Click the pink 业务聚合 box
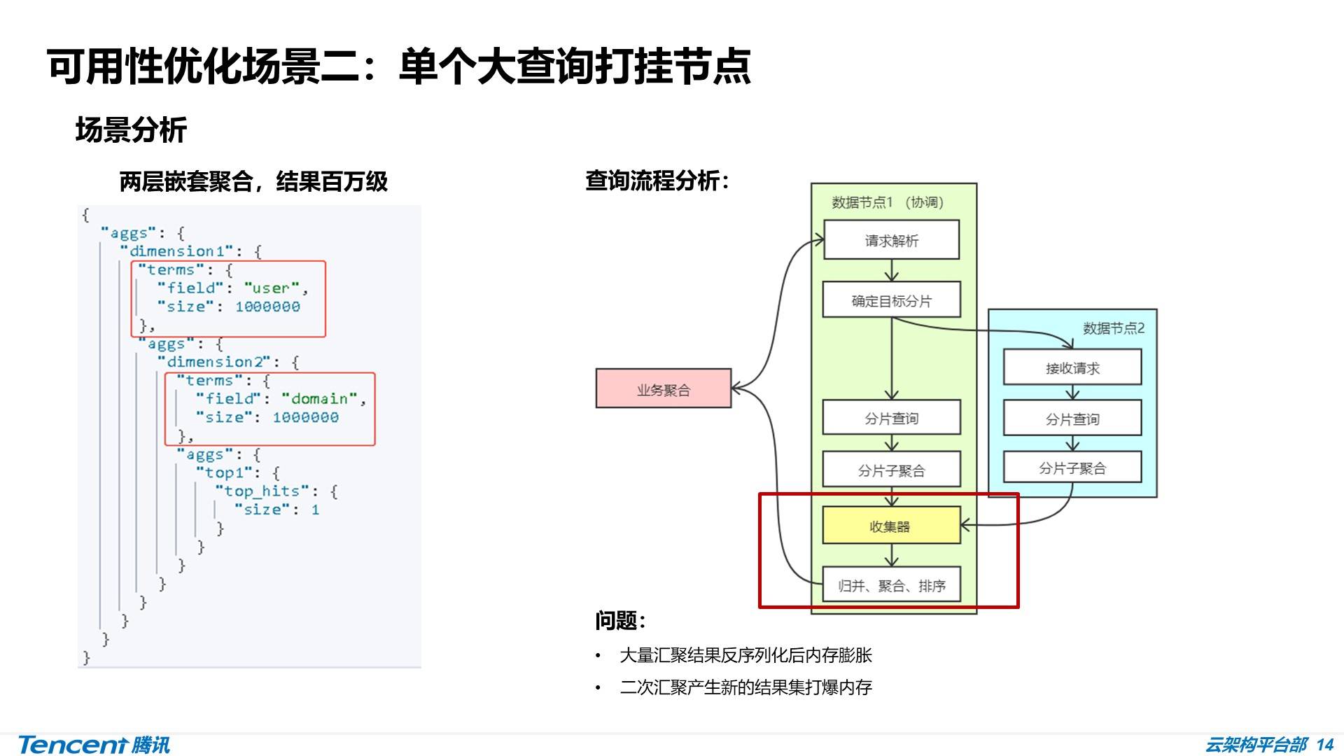pyautogui.click(x=663, y=388)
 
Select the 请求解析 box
pyautogui.click(x=891, y=240)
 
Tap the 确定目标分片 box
pyautogui.click(x=891, y=300)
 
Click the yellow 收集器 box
pyautogui.click(x=890, y=526)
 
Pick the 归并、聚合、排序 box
pyautogui.click(x=891, y=585)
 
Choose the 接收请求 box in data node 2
pyautogui.click(x=1072, y=367)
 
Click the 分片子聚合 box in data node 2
pyautogui.click(x=1072, y=468)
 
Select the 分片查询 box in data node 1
pyautogui.click(x=891, y=418)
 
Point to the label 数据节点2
pyautogui.click(x=1113, y=328)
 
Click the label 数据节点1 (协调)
pyautogui.click(x=887, y=202)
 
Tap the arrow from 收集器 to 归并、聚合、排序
pyautogui.click(x=891, y=555)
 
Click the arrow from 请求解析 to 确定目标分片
pyautogui.click(x=891, y=270)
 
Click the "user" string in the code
pyautogui.click(x=272, y=288)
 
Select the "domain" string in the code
pyautogui.click(x=319, y=398)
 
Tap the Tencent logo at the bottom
pyautogui.click(x=94, y=744)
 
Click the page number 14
pyautogui.click(x=1324, y=744)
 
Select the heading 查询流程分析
pyautogui.click(x=657, y=181)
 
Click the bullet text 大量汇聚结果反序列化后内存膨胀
pyautogui.click(x=745, y=655)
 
